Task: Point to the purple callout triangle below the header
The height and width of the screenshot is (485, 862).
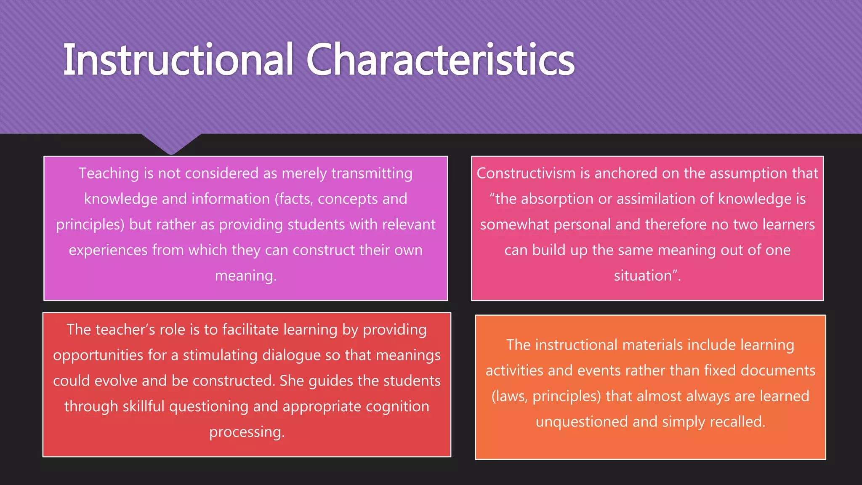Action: pyautogui.click(x=171, y=144)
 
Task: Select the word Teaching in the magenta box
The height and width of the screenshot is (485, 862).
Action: pyautogui.click(x=109, y=173)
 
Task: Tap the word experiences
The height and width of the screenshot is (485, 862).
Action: pyautogui.click(x=108, y=250)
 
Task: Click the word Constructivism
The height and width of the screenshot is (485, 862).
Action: pyautogui.click(x=526, y=173)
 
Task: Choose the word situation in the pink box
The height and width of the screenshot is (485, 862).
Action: pyautogui.click(x=643, y=276)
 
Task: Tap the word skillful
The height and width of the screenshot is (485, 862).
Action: pyautogui.click(x=144, y=407)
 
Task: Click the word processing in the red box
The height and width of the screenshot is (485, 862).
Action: pyautogui.click(x=247, y=432)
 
